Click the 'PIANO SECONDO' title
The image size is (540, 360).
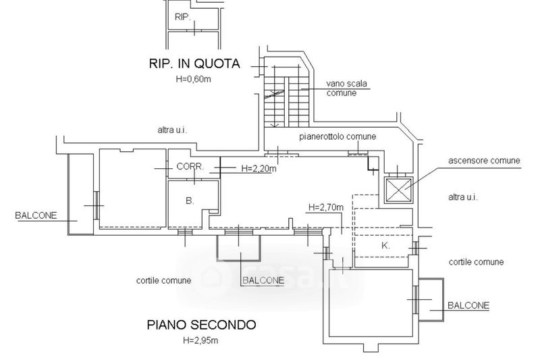point(202,324)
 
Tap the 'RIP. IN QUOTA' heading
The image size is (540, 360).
point(194,64)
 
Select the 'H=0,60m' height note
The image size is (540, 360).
point(194,79)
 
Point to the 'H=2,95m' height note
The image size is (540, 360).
point(200,339)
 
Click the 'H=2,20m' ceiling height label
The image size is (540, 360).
point(259,169)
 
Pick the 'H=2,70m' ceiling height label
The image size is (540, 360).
point(325,207)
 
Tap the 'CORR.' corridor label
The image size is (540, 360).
point(190,166)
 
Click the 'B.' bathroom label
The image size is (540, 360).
point(190,201)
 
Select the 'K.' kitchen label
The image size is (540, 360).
point(385,246)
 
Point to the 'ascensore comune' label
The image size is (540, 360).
point(484,161)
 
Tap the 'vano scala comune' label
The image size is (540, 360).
point(346,88)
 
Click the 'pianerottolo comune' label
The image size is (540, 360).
point(337,136)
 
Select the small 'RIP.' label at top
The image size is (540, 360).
point(183,16)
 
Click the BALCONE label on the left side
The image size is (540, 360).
point(36,216)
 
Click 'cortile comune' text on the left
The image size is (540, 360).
point(163,280)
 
